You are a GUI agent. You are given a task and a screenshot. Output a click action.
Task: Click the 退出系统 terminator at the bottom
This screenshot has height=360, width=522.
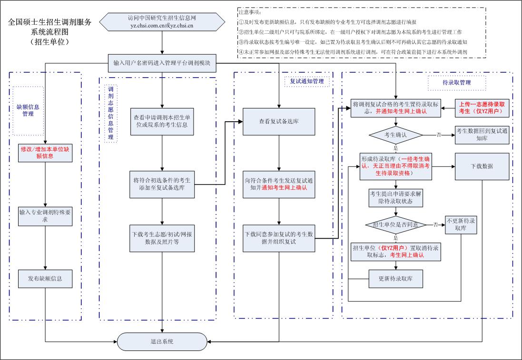point(162,341)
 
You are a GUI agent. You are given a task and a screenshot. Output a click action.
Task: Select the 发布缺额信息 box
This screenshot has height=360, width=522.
point(45,279)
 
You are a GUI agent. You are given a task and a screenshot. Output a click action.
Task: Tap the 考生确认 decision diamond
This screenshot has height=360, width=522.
point(396,135)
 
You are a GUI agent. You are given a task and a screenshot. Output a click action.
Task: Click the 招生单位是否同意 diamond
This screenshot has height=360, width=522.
point(395,224)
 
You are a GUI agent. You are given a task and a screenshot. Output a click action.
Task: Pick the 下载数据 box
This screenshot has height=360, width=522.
point(482,166)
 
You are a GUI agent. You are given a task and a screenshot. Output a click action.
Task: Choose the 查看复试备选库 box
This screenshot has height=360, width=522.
point(279,122)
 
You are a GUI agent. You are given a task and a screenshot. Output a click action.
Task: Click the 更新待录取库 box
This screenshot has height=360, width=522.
point(396,278)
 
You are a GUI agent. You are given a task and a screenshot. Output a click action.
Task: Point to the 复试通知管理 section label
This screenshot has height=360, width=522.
point(307,81)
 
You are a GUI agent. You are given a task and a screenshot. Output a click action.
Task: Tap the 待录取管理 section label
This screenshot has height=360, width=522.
point(456,83)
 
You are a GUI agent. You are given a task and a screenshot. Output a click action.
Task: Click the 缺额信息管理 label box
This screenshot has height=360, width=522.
point(28,110)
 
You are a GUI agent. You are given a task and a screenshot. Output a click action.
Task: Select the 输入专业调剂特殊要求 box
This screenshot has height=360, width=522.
point(45,215)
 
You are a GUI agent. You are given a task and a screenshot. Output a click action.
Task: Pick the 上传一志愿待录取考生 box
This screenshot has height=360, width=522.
point(483,107)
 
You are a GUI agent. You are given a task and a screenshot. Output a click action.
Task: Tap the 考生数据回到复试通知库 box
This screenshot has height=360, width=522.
point(482,135)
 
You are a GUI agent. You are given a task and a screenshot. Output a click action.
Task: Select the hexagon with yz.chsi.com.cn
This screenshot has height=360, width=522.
point(162,21)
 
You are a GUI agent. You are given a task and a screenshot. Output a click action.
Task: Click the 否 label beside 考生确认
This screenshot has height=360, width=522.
point(439,135)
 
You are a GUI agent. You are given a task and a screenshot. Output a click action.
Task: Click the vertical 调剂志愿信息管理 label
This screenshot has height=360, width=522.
point(110,113)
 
